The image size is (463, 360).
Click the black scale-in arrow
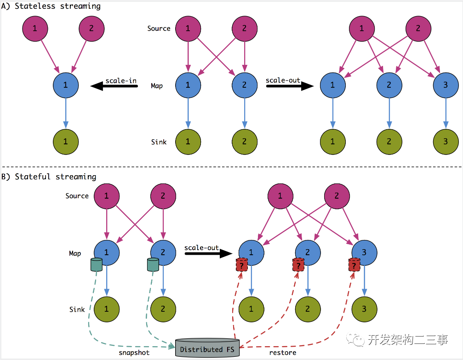pyautogui.click(x=114, y=86)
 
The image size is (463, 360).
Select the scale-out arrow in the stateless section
pyautogui.click(x=290, y=86)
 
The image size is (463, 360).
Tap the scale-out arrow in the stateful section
pyautogui.click(x=208, y=253)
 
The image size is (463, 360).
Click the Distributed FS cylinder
pyautogui.click(x=207, y=348)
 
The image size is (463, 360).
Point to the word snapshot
pyautogui.click(x=134, y=353)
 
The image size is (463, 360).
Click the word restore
pyautogui.click(x=283, y=353)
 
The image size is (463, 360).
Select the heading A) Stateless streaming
pyautogui.click(x=51, y=6)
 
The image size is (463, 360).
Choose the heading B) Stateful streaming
pyautogui.click(x=49, y=177)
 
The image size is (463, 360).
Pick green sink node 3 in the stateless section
pyautogui.click(x=446, y=142)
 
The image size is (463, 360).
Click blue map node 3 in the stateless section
pyautogui.click(x=446, y=86)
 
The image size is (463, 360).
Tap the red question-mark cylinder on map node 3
pyautogui.click(x=354, y=265)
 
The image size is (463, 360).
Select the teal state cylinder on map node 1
pyautogui.click(x=96, y=265)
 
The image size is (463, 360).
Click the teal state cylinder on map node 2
pyautogui.click(x=153, y=265)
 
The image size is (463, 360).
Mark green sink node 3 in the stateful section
pyautogui.click(x=364, y=309)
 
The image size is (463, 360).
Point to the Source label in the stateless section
pyautogui.click(x=159, y=29)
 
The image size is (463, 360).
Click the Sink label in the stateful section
pyautogui.click(x=77, y=309)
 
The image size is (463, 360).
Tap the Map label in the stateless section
pyautogui.click(x=157, y=86)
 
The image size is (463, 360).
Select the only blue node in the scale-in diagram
pyautogui.click(x=66, y=86)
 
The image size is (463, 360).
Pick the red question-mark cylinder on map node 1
pyautogui.click(x=241, y=265)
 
